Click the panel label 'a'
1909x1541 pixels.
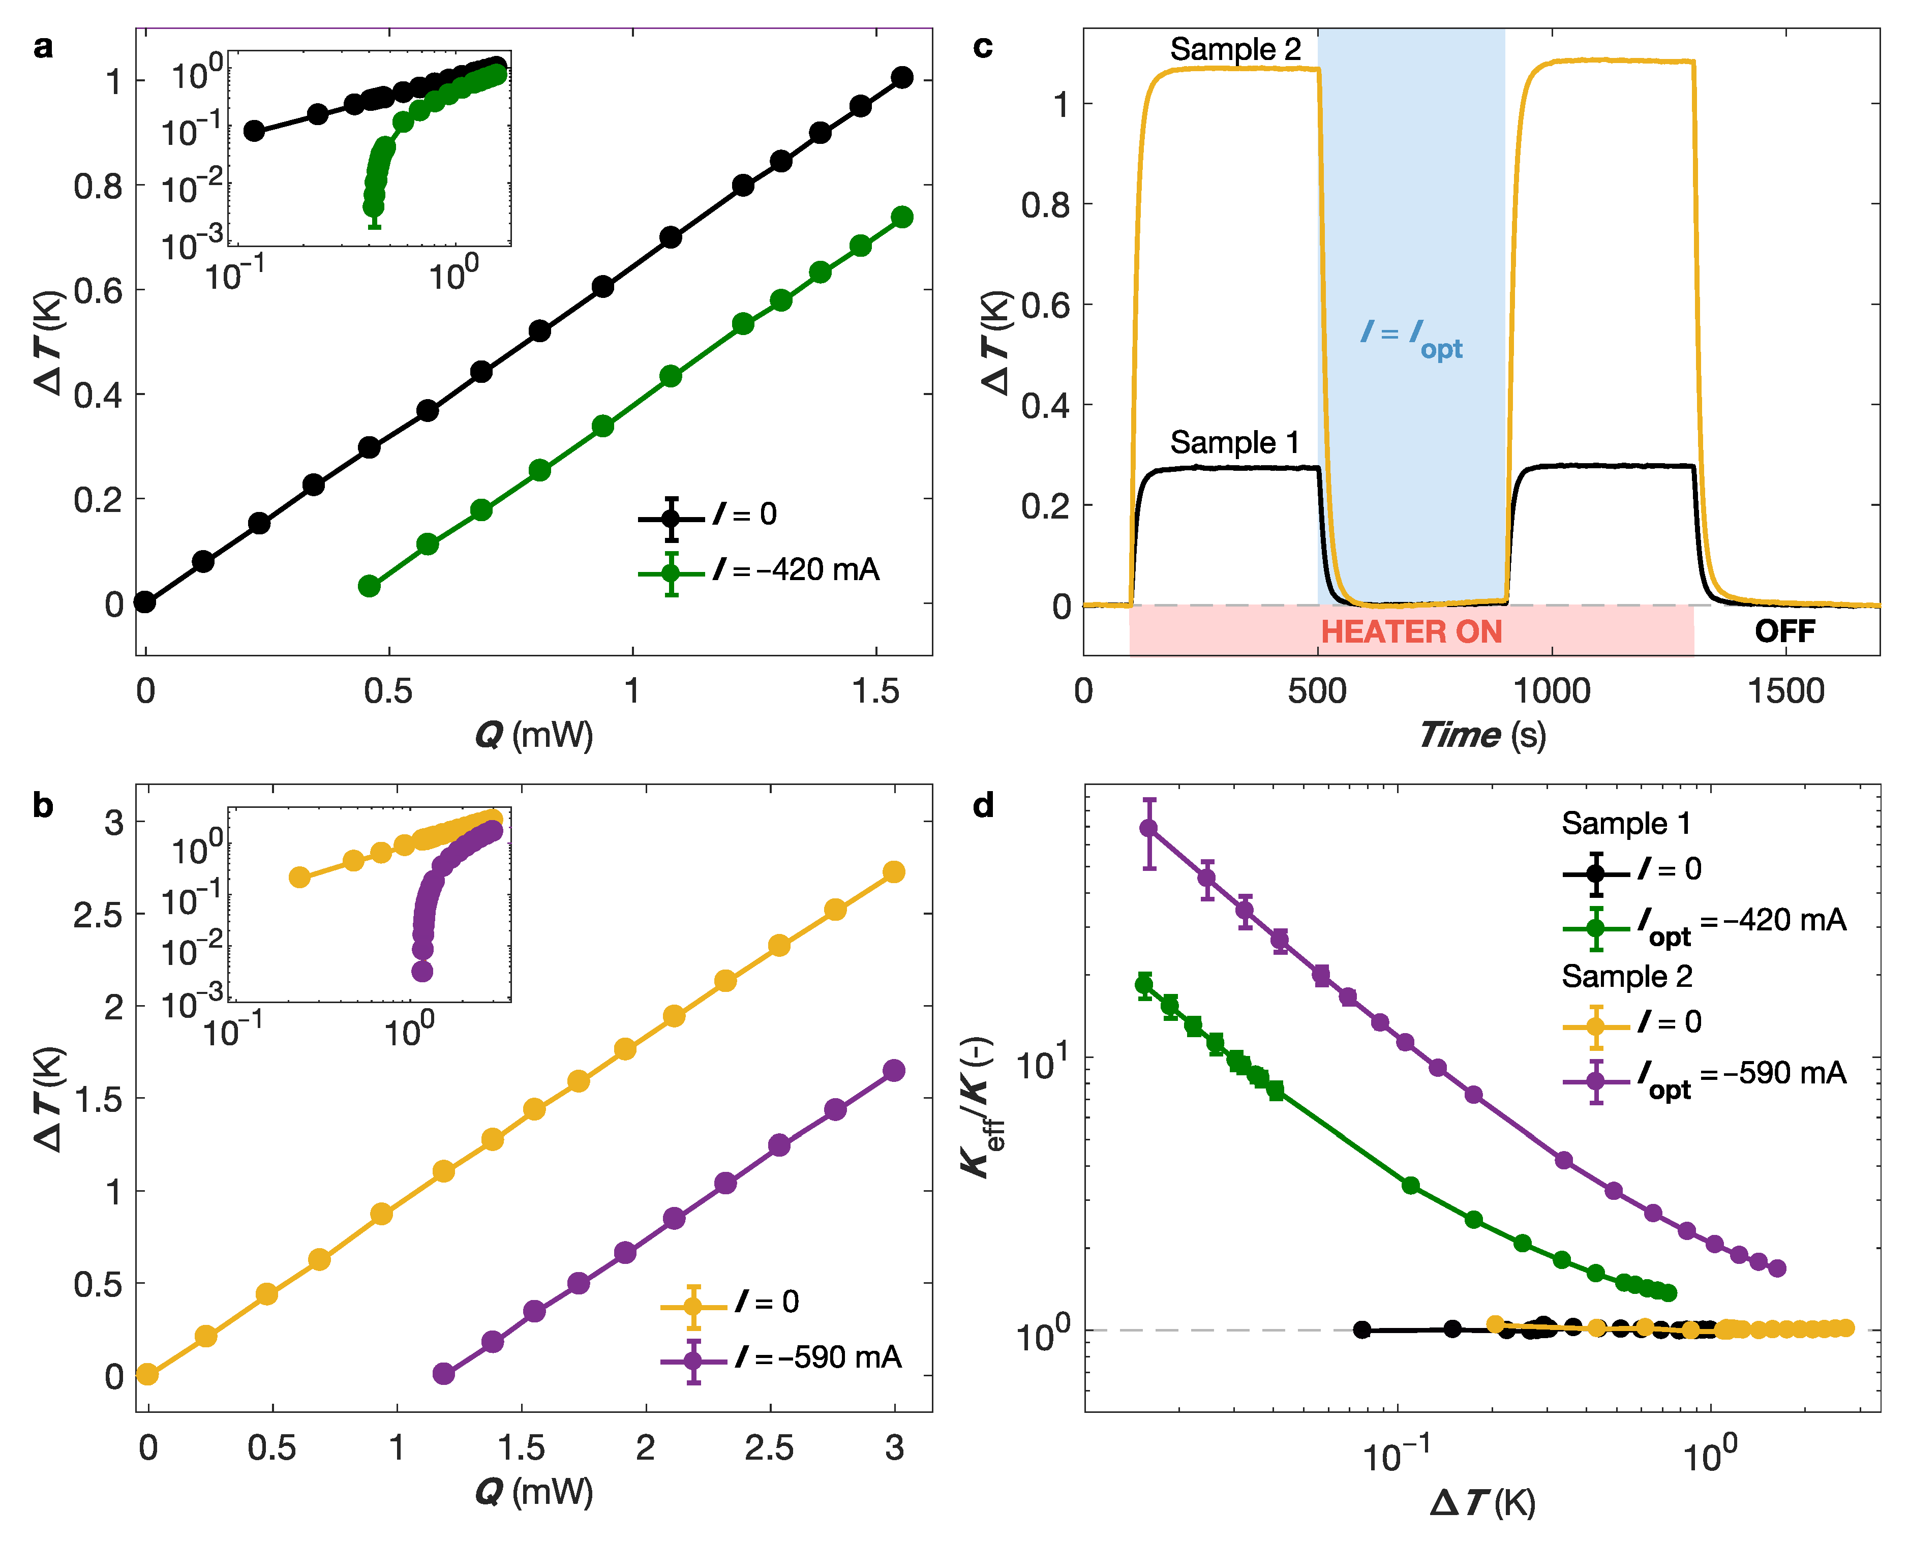coord(43,46)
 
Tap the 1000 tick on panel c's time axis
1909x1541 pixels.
coord(1551,690)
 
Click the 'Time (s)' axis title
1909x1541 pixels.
coord(1481,735)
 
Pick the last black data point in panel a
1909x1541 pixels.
coord(902,77)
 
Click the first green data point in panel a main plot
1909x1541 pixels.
coord(369,586)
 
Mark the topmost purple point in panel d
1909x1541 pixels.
coord(1148,828)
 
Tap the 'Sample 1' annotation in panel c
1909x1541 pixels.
coord(1234,442)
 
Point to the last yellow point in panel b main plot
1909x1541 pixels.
coord(894,872)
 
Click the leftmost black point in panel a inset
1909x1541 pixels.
coord(254,131)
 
